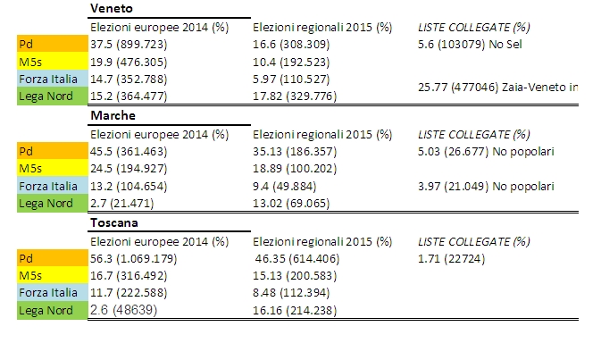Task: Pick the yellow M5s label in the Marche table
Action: [x=52, y=169]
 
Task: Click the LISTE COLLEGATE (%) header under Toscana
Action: [x=474, y=241]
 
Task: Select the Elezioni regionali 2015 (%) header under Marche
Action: [x=322, y=134]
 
